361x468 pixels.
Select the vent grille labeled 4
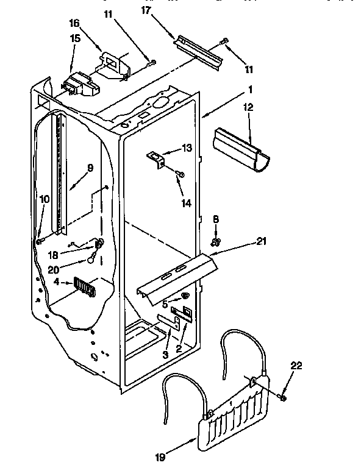click(85, 285)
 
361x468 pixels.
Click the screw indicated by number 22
click(283, 397)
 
